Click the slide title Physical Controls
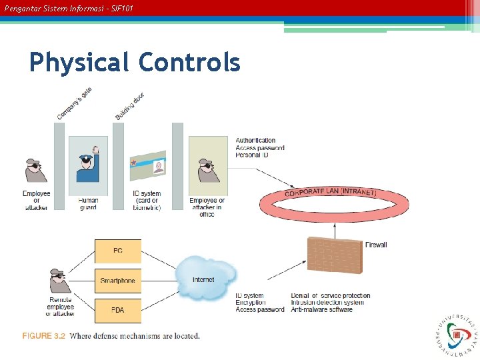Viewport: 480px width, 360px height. pyautogui.click(x=135, y=63)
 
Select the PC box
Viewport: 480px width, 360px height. pyautogui.click(x=118, y=251)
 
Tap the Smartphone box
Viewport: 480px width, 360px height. pyautogui.click(x=118, y=281)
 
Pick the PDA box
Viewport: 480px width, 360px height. pyautogui.click(x=118, y=310)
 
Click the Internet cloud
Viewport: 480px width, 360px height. pyautogui.click(x=205, y=279)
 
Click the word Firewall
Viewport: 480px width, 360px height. pyautogui.click(x=376, y=245)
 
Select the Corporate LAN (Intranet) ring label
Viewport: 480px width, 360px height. pyautogui.click(x=331, y=193)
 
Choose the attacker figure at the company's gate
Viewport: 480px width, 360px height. pyautogui.click(x=36, y=169)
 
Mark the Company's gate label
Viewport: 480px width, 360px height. pyautogui.click(x=75, y=105)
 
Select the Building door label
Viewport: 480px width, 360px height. pyautogui.click(x=130, y=107)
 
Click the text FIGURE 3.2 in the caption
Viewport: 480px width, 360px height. pyautogui.click(x=44, y=336)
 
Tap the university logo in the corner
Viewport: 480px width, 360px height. pyautogui.click(x=457, y=335)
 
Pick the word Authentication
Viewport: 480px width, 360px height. pyautogui.click(x=255, y=141)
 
